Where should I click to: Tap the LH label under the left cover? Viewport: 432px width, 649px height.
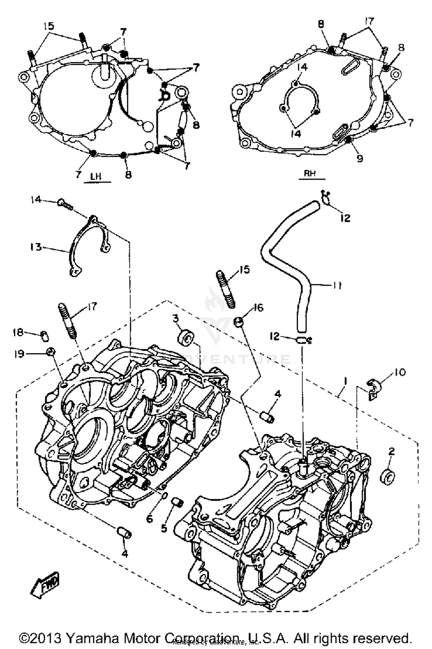click(96, 176)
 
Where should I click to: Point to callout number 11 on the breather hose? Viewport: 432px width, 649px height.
click(336, 286)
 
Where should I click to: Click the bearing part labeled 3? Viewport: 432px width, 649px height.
click(186, 337)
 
